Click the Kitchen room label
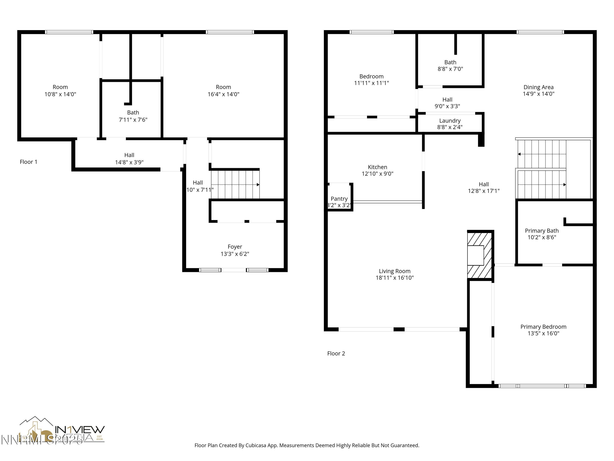tap(377, 167)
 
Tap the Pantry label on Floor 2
tap(339, 199)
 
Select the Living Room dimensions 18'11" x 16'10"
tap(394, 278)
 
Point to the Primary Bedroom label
tap(543, 327)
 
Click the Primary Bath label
tap(542, 231)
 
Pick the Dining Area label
tap(538, 87)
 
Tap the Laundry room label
tap(450, 121)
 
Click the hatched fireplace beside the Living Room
tap(480, 255)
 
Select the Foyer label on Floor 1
tap(235, 247)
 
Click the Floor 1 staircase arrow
tap(258, 185)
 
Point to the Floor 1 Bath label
tap(133, 112)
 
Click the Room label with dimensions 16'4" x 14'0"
tap(223, 87)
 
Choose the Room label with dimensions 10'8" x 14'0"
tap(60, 87)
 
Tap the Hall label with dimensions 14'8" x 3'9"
tap(129, 155)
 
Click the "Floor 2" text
tap(336, 353)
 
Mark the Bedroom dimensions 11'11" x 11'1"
tap(371, 83)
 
